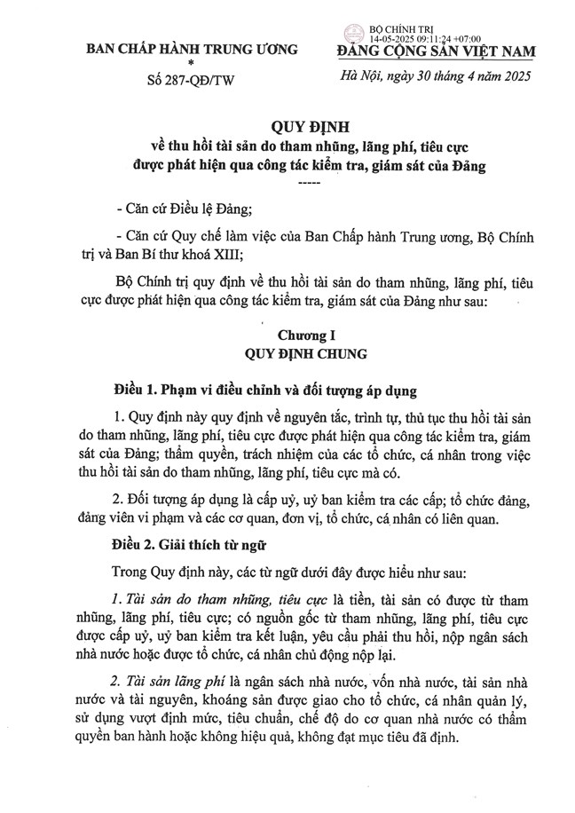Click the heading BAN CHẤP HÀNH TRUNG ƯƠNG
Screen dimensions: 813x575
(x=191, y=49)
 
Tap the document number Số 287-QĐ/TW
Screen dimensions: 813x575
(x=191, y=84)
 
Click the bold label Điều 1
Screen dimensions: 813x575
(x=139, y=391)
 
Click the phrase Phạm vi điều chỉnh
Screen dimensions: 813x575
(x=219, y=391)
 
